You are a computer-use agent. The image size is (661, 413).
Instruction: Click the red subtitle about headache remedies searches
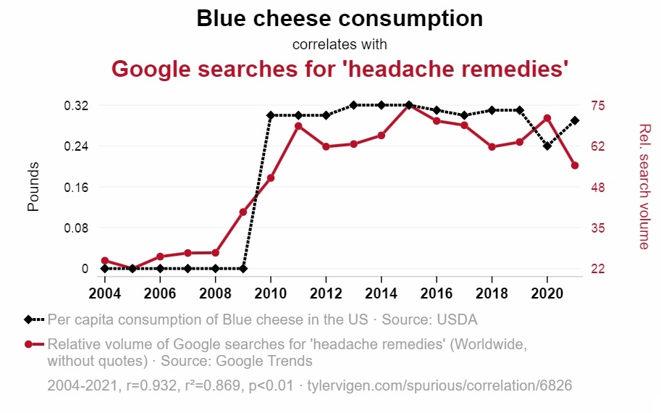340,70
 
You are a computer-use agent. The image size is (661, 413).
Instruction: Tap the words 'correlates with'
340,44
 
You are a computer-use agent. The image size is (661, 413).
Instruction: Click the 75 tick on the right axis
598,106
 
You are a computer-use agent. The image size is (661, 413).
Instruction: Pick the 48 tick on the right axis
598,188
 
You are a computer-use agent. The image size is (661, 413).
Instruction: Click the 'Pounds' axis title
33,187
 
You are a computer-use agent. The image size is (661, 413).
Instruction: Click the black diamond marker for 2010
271,115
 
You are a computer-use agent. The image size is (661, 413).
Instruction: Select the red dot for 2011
298,126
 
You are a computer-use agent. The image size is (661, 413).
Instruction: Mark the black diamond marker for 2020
547,146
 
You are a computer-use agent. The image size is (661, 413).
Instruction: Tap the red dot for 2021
575,166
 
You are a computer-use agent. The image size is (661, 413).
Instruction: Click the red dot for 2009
243,212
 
